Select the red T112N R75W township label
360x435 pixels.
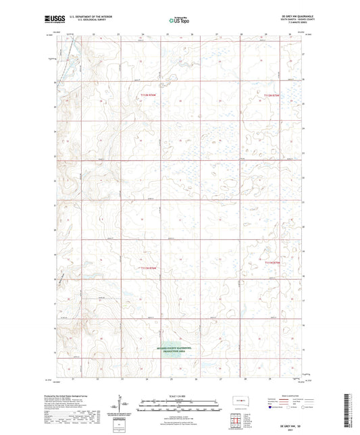pyautogui.click(x=271, y=97)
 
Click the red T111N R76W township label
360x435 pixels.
pyautogui.click(x=148, y=267)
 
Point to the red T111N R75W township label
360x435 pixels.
pyautogui.click(x=272, y=260)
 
